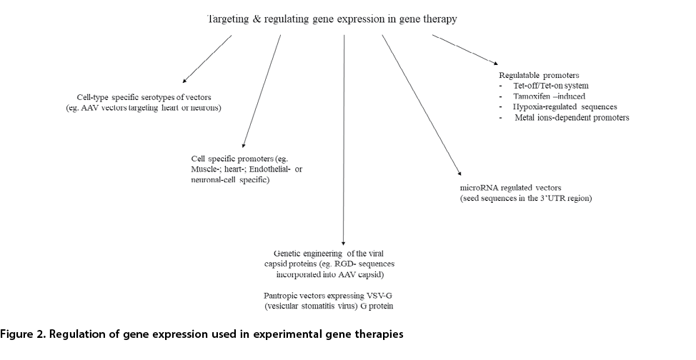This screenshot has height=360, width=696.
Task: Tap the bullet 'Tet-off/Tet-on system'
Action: coord(551,86)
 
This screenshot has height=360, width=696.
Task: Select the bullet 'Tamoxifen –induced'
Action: coord(549,96)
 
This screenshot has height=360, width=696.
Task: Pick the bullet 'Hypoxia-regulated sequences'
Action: coord(565,107)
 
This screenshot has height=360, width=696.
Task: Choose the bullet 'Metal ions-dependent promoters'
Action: coord(572,118)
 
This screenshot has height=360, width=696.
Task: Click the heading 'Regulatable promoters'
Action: coord(539,75)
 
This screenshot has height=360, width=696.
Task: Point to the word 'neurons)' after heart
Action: coord(206,108)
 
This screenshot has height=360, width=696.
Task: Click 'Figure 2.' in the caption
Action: coord(23,334)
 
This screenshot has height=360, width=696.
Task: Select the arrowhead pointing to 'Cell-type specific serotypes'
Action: coord(184,81)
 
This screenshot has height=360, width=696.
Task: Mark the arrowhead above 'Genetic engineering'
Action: coord(343,243)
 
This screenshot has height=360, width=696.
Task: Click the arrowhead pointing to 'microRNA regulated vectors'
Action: coord(459,174)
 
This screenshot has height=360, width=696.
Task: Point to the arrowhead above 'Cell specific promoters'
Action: coord(244,145)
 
